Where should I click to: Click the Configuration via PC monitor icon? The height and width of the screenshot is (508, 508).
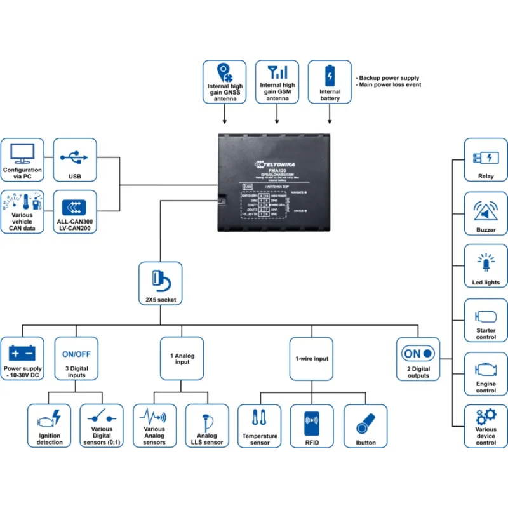point(22,153)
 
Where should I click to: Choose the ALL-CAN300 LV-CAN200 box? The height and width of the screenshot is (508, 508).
point(76,211)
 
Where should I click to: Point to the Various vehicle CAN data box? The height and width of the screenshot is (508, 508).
point(22,211)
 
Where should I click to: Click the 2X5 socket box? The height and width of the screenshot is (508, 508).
point(160,283)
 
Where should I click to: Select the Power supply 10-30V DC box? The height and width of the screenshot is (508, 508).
point(23,359)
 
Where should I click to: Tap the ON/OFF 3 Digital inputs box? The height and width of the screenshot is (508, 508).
point(76,359)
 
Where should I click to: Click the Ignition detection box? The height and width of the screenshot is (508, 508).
point(50,425)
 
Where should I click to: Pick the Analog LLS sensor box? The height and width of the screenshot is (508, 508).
point(206,425)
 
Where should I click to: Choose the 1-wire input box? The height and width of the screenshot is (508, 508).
point(312,359)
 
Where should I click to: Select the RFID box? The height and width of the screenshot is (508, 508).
point(312,425)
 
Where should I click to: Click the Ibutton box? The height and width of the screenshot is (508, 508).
point(365,425)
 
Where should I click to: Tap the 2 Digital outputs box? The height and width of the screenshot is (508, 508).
point(418,359)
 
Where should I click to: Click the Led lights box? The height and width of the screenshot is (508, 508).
point(486,267)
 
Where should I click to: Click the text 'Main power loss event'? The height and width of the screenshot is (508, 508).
point(389,84)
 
